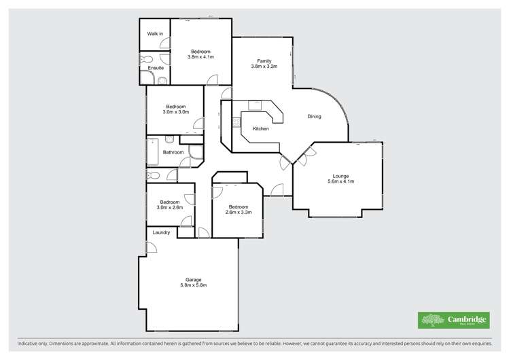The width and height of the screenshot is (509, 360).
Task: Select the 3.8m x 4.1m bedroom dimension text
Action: pos(200,57)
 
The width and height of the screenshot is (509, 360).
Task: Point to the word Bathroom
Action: pos(173,152)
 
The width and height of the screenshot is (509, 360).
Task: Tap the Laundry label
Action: pos(161,233)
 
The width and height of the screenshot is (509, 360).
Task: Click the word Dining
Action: pos(314,117)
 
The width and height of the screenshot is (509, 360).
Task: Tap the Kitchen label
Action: pos(261,128)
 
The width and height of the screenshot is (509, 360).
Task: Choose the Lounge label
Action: pos(341,176)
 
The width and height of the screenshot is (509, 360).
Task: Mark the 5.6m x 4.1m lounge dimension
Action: pos(341,182)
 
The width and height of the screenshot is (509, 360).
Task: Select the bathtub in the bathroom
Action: pos(153,153)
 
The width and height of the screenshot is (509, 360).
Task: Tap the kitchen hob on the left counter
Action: pos(236,123)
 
